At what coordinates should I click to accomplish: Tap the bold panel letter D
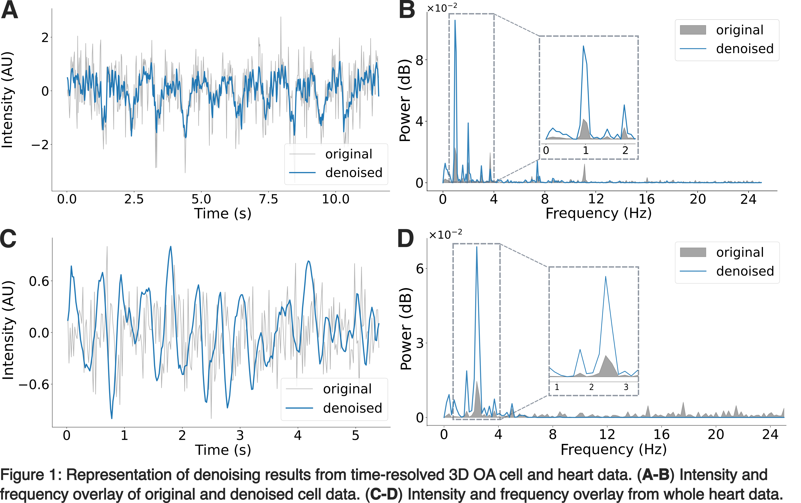click(406, 238)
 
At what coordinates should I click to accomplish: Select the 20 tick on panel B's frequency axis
click(697, 199)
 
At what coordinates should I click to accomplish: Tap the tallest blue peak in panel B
click(455, 21)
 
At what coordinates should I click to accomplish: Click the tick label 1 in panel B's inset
click(585, 150)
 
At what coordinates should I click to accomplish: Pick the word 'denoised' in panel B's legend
click(745, 49)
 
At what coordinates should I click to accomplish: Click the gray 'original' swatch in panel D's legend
click(693, 252)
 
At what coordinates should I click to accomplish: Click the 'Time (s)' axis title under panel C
click(223, 450)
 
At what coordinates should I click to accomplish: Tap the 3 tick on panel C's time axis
click(240, 435)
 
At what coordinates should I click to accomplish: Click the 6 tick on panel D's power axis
click(420, 269)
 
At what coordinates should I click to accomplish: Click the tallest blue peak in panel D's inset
click(605, 277)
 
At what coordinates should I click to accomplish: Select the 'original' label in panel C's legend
click(347, 389)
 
